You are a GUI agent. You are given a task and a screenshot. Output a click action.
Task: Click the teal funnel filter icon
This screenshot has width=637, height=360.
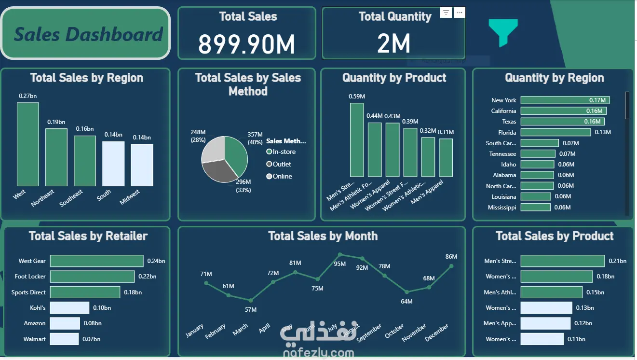pos(503,32)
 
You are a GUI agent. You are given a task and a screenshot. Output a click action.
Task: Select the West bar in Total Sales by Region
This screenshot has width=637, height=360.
pos(27,144)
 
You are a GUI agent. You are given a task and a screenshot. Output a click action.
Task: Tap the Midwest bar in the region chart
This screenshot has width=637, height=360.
pos(142,165)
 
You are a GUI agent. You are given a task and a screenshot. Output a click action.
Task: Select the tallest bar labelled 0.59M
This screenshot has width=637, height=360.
pos(357,140)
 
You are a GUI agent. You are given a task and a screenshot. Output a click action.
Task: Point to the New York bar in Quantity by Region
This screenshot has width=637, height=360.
pos(565,100)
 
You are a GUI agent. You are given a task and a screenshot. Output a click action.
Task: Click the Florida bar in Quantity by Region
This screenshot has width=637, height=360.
pos(556,132)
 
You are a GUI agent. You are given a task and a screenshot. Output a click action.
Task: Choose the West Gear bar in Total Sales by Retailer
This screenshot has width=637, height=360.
pos(96,261)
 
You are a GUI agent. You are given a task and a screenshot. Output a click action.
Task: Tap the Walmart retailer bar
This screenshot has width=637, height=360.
pos(64,339)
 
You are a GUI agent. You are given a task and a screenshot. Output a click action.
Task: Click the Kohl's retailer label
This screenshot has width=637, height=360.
pos(38,308)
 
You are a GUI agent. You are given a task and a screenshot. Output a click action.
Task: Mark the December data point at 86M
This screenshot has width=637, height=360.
pos(451,265)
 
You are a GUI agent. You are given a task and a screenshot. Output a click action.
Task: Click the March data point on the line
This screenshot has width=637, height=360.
pos(251,300)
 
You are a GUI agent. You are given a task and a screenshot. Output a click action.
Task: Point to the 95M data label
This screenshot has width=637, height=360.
pos(339,263)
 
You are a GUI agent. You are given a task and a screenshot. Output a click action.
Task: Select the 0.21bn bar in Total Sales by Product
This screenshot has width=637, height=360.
pos(562,261)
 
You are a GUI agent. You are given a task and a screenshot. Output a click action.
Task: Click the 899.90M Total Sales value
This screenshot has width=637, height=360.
pos(246,44)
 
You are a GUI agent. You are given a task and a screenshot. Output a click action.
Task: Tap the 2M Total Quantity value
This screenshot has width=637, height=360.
pos(393,44)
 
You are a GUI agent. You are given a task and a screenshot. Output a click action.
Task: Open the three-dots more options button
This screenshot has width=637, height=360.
pos(460,13)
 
